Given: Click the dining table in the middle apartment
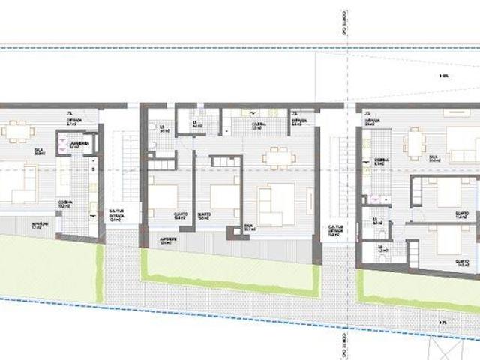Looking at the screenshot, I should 278,157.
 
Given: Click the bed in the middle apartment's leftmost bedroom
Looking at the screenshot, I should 163,196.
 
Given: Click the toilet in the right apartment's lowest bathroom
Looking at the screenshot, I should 382,256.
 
